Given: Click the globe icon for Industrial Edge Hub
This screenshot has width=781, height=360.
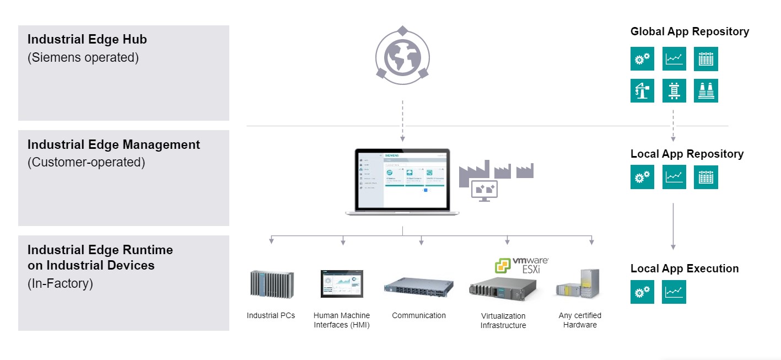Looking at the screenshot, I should click(402, 56).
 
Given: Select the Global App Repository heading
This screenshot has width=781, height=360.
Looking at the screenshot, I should click(690, 31).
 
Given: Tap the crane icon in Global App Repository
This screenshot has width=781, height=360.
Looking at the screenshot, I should click(642, 90).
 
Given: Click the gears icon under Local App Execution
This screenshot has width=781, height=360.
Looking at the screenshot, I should click(642, 292).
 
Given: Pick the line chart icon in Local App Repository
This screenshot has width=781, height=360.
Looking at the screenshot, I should click(674, 177).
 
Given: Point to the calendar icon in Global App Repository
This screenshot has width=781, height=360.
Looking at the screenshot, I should click(705, 58).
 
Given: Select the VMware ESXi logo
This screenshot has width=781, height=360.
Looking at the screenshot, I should click(521, 265).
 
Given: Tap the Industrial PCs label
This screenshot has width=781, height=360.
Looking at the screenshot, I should click(271, 315).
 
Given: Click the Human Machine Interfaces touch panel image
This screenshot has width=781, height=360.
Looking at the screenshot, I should click(342, 284).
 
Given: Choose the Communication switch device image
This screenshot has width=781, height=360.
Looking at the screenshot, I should click(418, 287).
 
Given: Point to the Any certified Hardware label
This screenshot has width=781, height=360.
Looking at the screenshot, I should click(580, 320).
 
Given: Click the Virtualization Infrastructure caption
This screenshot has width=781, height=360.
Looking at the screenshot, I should click(503, 320).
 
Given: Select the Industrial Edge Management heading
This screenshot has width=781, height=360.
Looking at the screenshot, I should click(114, 144).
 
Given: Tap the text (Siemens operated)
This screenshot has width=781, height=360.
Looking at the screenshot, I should click(83, 57).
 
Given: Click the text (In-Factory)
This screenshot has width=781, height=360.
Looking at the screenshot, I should click(60, 283).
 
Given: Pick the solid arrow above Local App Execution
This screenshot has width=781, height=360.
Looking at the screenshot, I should click(673, 226).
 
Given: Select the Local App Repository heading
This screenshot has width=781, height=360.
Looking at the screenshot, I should click(687, 154).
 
